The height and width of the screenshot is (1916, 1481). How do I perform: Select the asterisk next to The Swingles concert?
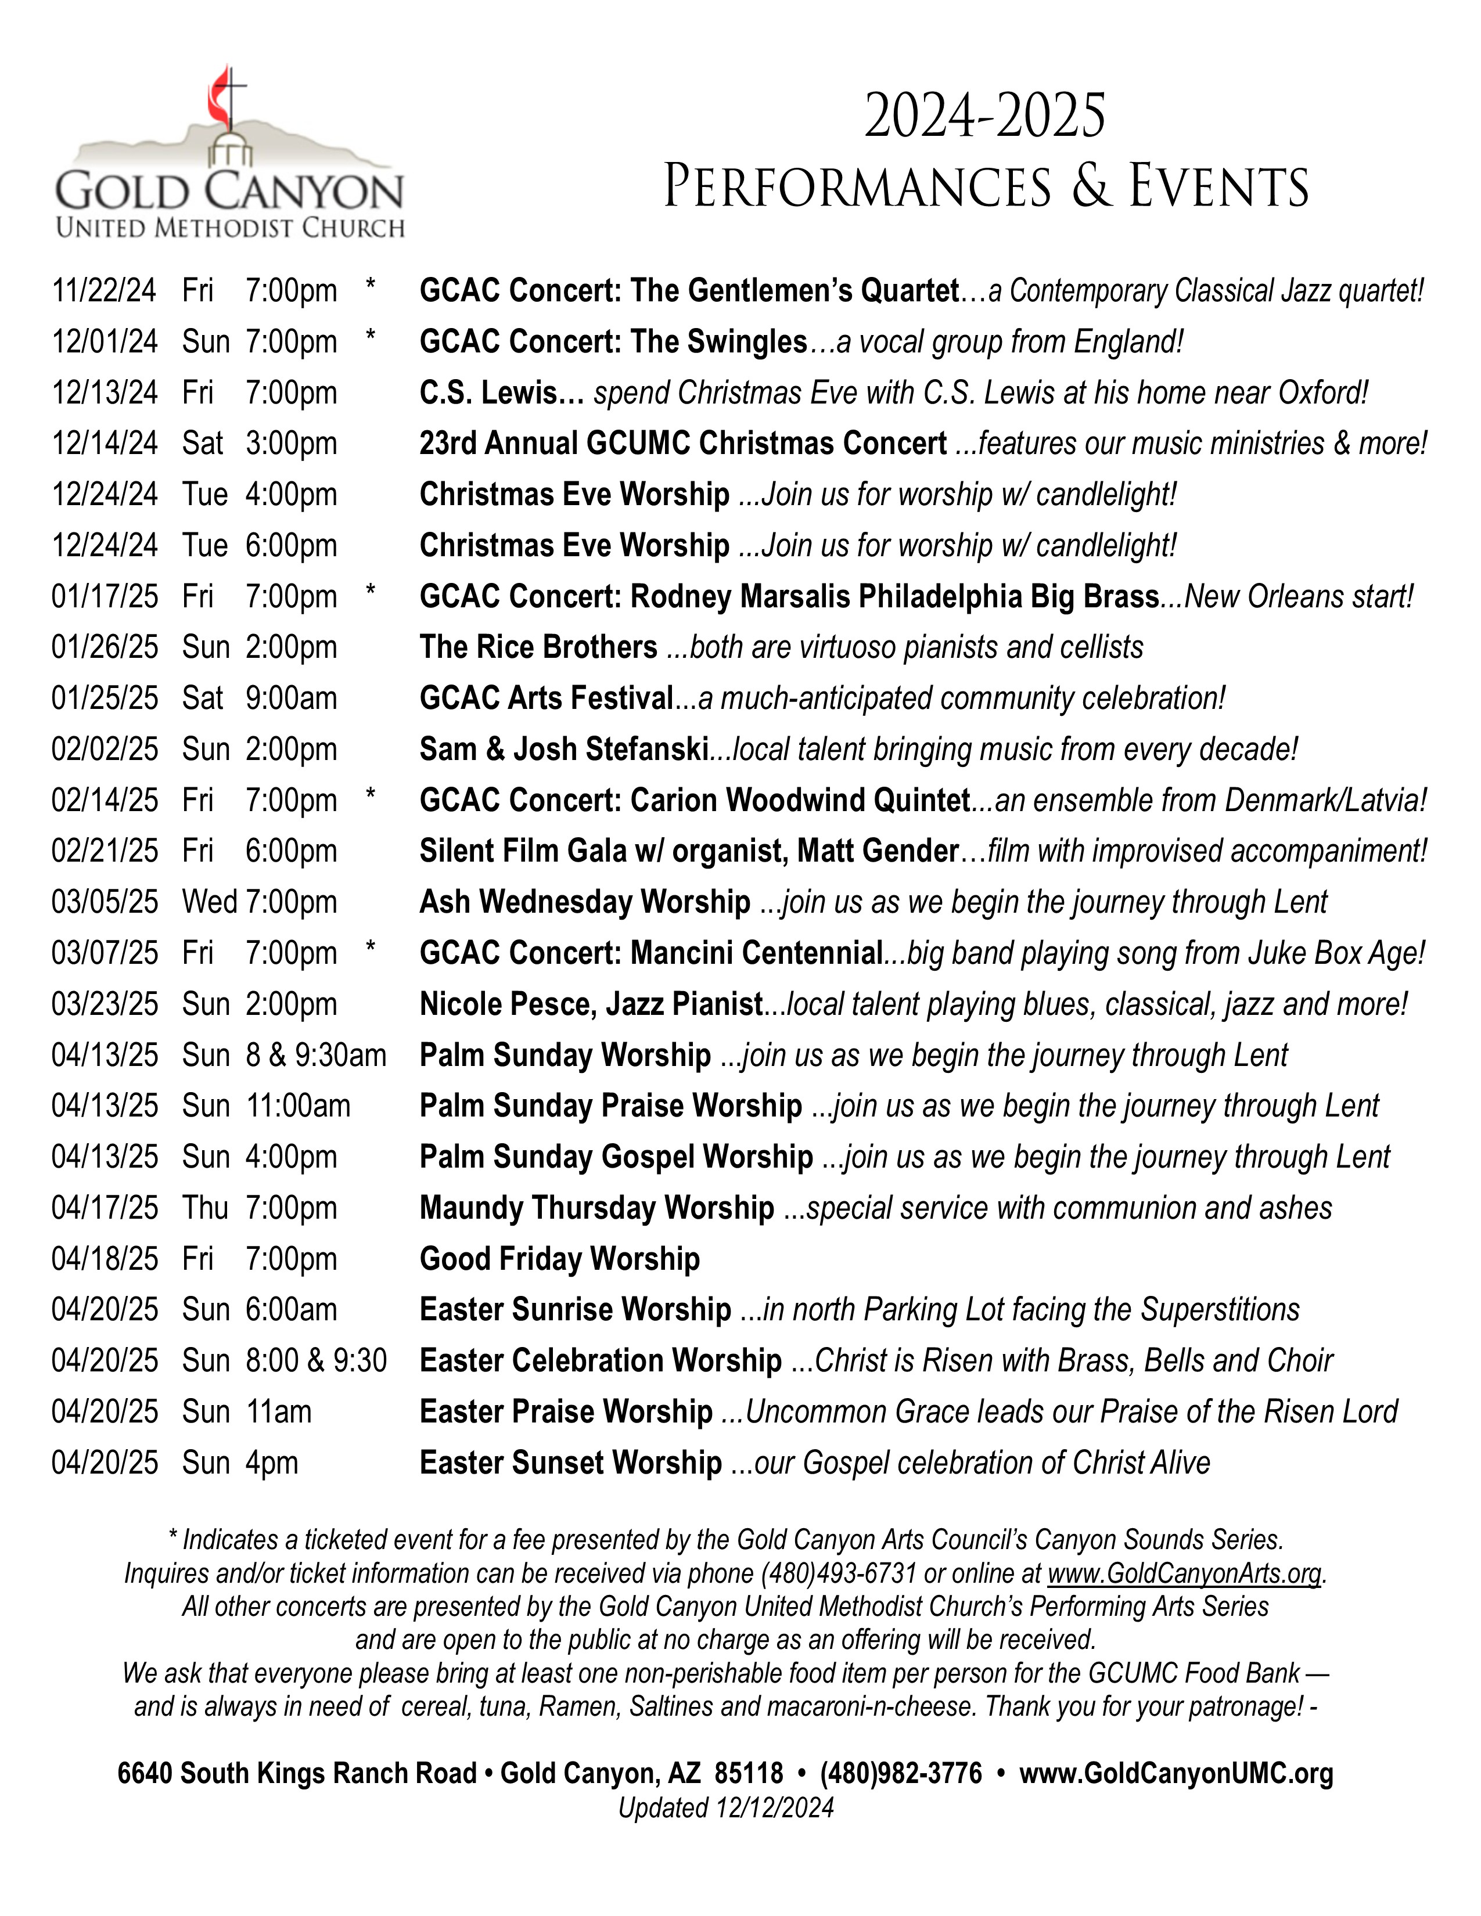pos(371,338)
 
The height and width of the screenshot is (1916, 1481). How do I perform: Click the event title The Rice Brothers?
pos(538,647)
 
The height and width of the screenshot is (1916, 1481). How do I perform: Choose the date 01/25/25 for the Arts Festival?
pos(105,698)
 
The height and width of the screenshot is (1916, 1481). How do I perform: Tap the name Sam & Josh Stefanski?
pos(563,749)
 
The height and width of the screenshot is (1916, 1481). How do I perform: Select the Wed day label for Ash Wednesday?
pos(210,902)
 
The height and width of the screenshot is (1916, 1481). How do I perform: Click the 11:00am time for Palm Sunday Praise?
pos(299,1106)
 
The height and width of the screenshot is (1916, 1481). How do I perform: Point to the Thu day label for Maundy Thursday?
pos(205,1208)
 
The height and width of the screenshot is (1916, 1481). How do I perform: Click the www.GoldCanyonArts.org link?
pos(1184,1573)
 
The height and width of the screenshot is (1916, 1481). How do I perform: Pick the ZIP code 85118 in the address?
pos(749,1774)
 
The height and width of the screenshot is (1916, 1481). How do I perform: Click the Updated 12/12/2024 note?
pos(725,1808)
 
